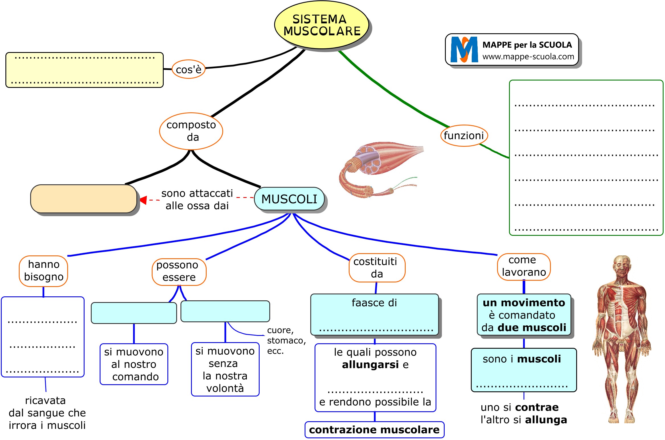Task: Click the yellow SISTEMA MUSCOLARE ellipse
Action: [x=321, y=25]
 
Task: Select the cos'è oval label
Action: [x=188, y=69]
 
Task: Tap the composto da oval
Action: [x=191, y=131]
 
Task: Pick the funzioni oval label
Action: [x=464, y=136]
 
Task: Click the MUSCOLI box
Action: [x=289, y=199]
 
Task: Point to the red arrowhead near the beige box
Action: [x=143, y=200]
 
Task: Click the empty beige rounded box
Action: [x=83, y=199]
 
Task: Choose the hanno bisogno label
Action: [x=44, y=271]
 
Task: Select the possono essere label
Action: [x=179, y=271]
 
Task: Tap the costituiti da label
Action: [x=376, y=268]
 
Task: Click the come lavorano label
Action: [x=524, y=267]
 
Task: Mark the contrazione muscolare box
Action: [x=374, y=430]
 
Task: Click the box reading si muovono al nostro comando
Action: [x=134, y=364]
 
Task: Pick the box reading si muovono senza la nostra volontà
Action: [x=225, y=369]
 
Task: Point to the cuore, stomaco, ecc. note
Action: [x=286, y=340]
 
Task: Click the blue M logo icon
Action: [x=464, y=49]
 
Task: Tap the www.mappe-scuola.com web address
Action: [x=528, y=57]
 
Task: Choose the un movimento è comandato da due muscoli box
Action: [x=524, y=315]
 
